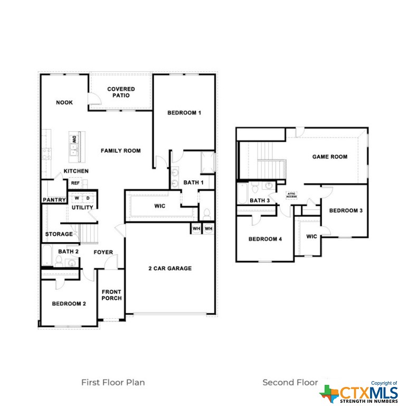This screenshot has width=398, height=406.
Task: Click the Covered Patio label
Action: coord(121,92)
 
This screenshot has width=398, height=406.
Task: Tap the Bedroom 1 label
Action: coord(184,113)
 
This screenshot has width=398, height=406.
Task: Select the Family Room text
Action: coord(121,151)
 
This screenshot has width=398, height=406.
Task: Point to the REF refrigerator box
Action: coord(75,183)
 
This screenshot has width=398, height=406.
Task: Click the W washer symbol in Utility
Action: coord(77,198)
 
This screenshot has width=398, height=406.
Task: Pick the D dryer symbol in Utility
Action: coord(88,198)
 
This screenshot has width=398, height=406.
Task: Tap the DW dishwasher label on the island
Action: coord(74,139)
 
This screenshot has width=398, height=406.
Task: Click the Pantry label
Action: coord(54,200)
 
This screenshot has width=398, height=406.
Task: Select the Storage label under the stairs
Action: coord(59,234)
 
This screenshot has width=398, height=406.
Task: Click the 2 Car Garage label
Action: coord(170,268)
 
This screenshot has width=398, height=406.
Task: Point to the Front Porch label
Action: coord(111,295)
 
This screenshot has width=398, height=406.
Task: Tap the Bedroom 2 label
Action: coord(69,303)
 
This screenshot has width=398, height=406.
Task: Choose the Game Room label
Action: coord(330,156)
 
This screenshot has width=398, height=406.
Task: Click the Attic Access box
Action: coord(291,195)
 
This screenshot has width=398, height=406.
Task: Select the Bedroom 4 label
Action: coord(265,239)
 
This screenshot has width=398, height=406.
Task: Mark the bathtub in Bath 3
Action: coord(243,193)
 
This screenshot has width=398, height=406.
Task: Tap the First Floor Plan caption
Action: coord(113,382)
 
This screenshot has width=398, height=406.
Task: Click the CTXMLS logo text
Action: coord(368,393)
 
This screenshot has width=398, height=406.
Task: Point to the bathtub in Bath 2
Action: coord(48,255)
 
